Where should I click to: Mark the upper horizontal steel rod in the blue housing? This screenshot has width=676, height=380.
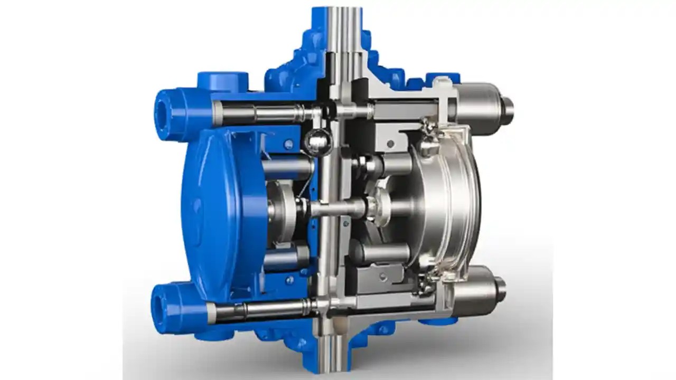[264, 112]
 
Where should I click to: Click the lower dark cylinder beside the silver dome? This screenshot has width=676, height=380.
[383, 252]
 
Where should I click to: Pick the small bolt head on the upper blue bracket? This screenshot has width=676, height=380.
[288, 144]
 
